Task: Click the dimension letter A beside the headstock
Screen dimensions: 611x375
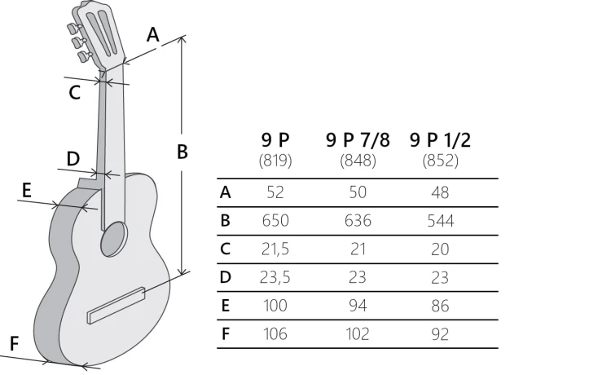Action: click(153, 35)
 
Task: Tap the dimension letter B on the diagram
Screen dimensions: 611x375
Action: click(182, 152)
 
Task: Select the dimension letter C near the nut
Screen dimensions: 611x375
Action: click(74, 93)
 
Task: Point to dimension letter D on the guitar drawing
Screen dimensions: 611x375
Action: click(73, 159)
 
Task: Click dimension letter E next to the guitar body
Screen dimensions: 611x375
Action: click(26, 191)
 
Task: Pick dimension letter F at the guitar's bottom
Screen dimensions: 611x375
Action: click(14, 344)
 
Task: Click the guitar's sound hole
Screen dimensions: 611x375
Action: click(114, 239)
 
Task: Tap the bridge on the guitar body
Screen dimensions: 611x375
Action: click(116, 306)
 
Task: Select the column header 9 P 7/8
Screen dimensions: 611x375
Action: click(358, 140)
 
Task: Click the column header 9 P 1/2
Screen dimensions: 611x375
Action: click(440, 140)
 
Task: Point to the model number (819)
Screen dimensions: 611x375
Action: click(275, 161)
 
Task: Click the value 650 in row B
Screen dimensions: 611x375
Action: click(275, 221)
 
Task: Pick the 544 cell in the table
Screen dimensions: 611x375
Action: click(440, 221)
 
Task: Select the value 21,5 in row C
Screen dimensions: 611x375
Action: click(275, 249)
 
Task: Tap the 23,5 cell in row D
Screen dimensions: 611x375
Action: click(275, 277)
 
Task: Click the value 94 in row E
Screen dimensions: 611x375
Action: click(358, 306)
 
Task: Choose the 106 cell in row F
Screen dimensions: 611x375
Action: click(275, 334)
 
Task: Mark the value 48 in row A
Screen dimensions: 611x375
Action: click(440, 192)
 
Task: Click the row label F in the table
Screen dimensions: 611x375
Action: click(225, 334)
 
